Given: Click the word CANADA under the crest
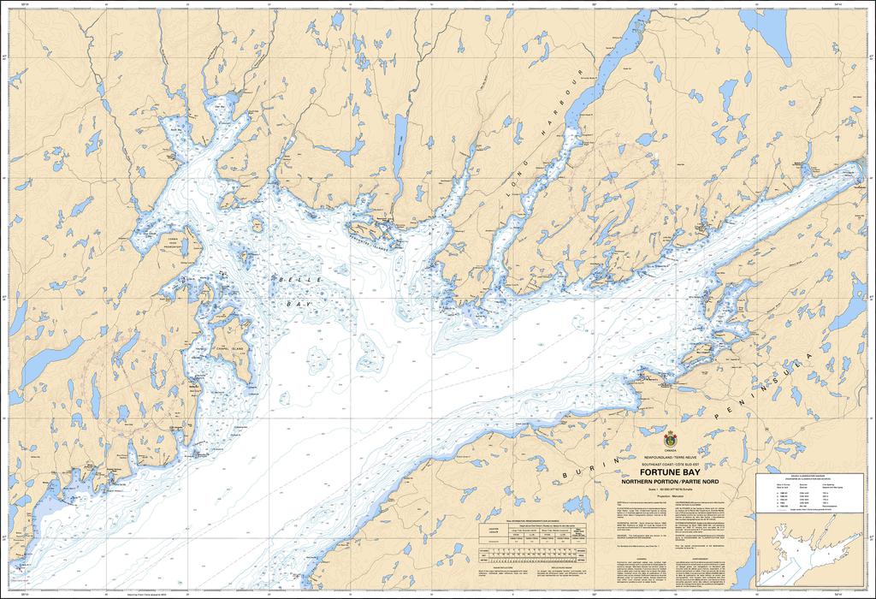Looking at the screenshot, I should tap(670, 450).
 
